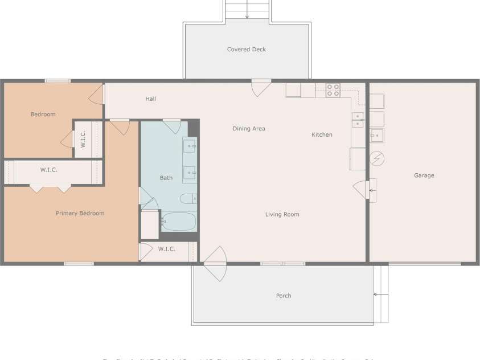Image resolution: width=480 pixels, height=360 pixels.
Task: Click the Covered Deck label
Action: coord(246,50)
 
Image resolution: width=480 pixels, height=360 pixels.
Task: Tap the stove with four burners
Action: coord(333,90)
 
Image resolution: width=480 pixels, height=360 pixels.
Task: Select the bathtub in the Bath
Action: coord(178,221)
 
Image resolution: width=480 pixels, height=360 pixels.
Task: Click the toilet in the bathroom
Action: coord(188,199)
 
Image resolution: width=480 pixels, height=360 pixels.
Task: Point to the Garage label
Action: coord(424,175)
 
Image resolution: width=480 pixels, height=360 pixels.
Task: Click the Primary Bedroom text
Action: coord(80,213)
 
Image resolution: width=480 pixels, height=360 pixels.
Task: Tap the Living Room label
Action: coord(282,214)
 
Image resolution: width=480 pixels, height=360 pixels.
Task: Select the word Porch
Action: coord(284,296)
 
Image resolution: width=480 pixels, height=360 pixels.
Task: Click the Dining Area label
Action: coord(249,129)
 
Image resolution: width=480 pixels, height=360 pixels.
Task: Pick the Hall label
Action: coord(150,99)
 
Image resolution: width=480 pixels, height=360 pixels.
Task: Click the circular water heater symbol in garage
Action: coord(377,158)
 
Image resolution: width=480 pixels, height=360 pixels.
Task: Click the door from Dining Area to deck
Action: coord(261,88)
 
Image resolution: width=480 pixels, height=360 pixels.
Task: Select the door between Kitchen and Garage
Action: coord(362,189)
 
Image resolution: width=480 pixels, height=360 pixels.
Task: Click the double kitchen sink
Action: coord(358,120)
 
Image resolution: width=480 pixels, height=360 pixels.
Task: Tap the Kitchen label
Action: coord(322,135)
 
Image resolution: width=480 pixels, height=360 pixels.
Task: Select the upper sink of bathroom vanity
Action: coord(190,146)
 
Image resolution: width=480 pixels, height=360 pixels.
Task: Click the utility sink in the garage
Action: coord(377,135)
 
